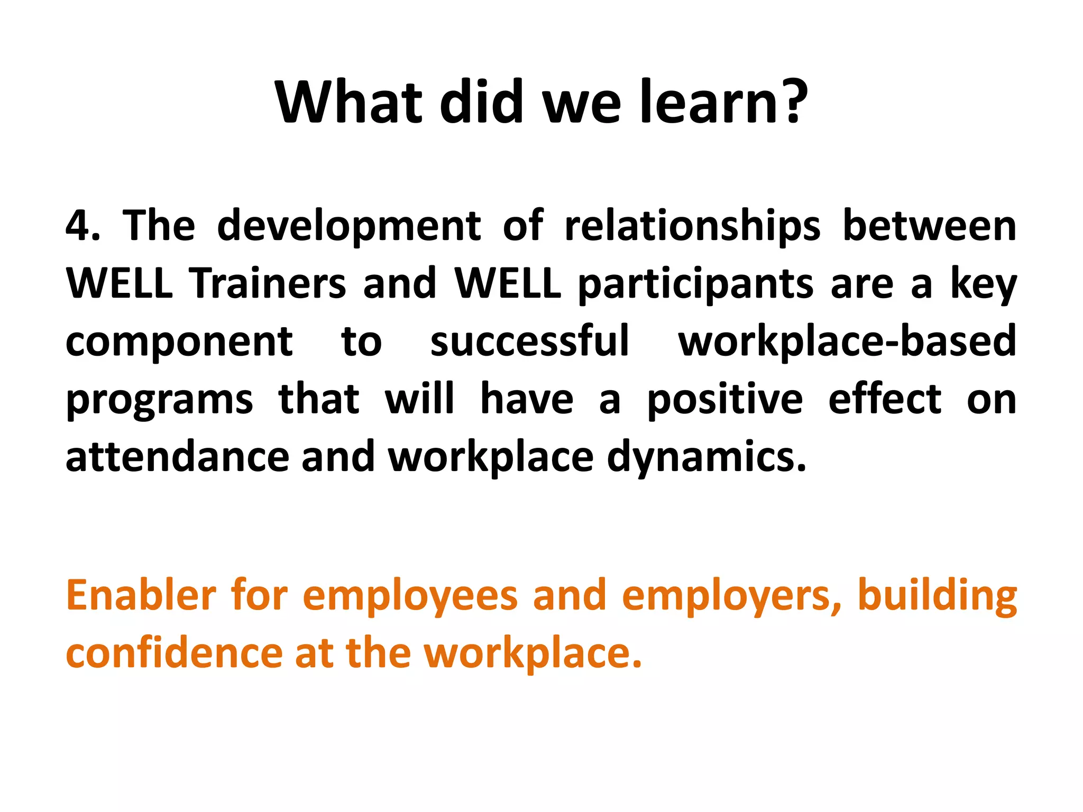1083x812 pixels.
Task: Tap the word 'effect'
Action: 885,399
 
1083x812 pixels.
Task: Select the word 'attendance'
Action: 177,457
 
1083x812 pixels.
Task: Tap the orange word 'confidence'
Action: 174,653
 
